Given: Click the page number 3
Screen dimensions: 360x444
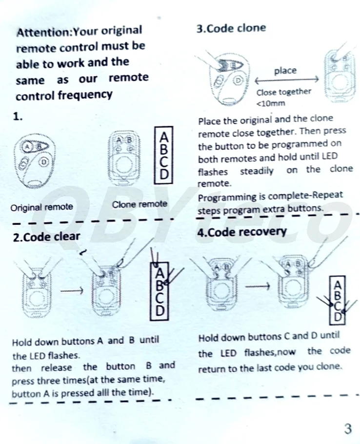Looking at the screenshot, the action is point(347,429).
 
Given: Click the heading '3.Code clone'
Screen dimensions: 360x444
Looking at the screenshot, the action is point(231,28).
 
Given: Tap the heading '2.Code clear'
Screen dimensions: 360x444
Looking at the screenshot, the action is point(46,237).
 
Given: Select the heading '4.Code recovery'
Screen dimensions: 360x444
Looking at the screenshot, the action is point(241,232).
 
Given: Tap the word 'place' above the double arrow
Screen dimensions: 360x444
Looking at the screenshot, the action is point(285,71).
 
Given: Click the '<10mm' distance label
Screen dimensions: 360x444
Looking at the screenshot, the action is point(271,103).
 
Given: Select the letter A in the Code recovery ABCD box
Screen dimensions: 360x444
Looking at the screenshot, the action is point(338,284).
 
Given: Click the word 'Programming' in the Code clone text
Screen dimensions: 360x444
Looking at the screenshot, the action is point(227,197).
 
